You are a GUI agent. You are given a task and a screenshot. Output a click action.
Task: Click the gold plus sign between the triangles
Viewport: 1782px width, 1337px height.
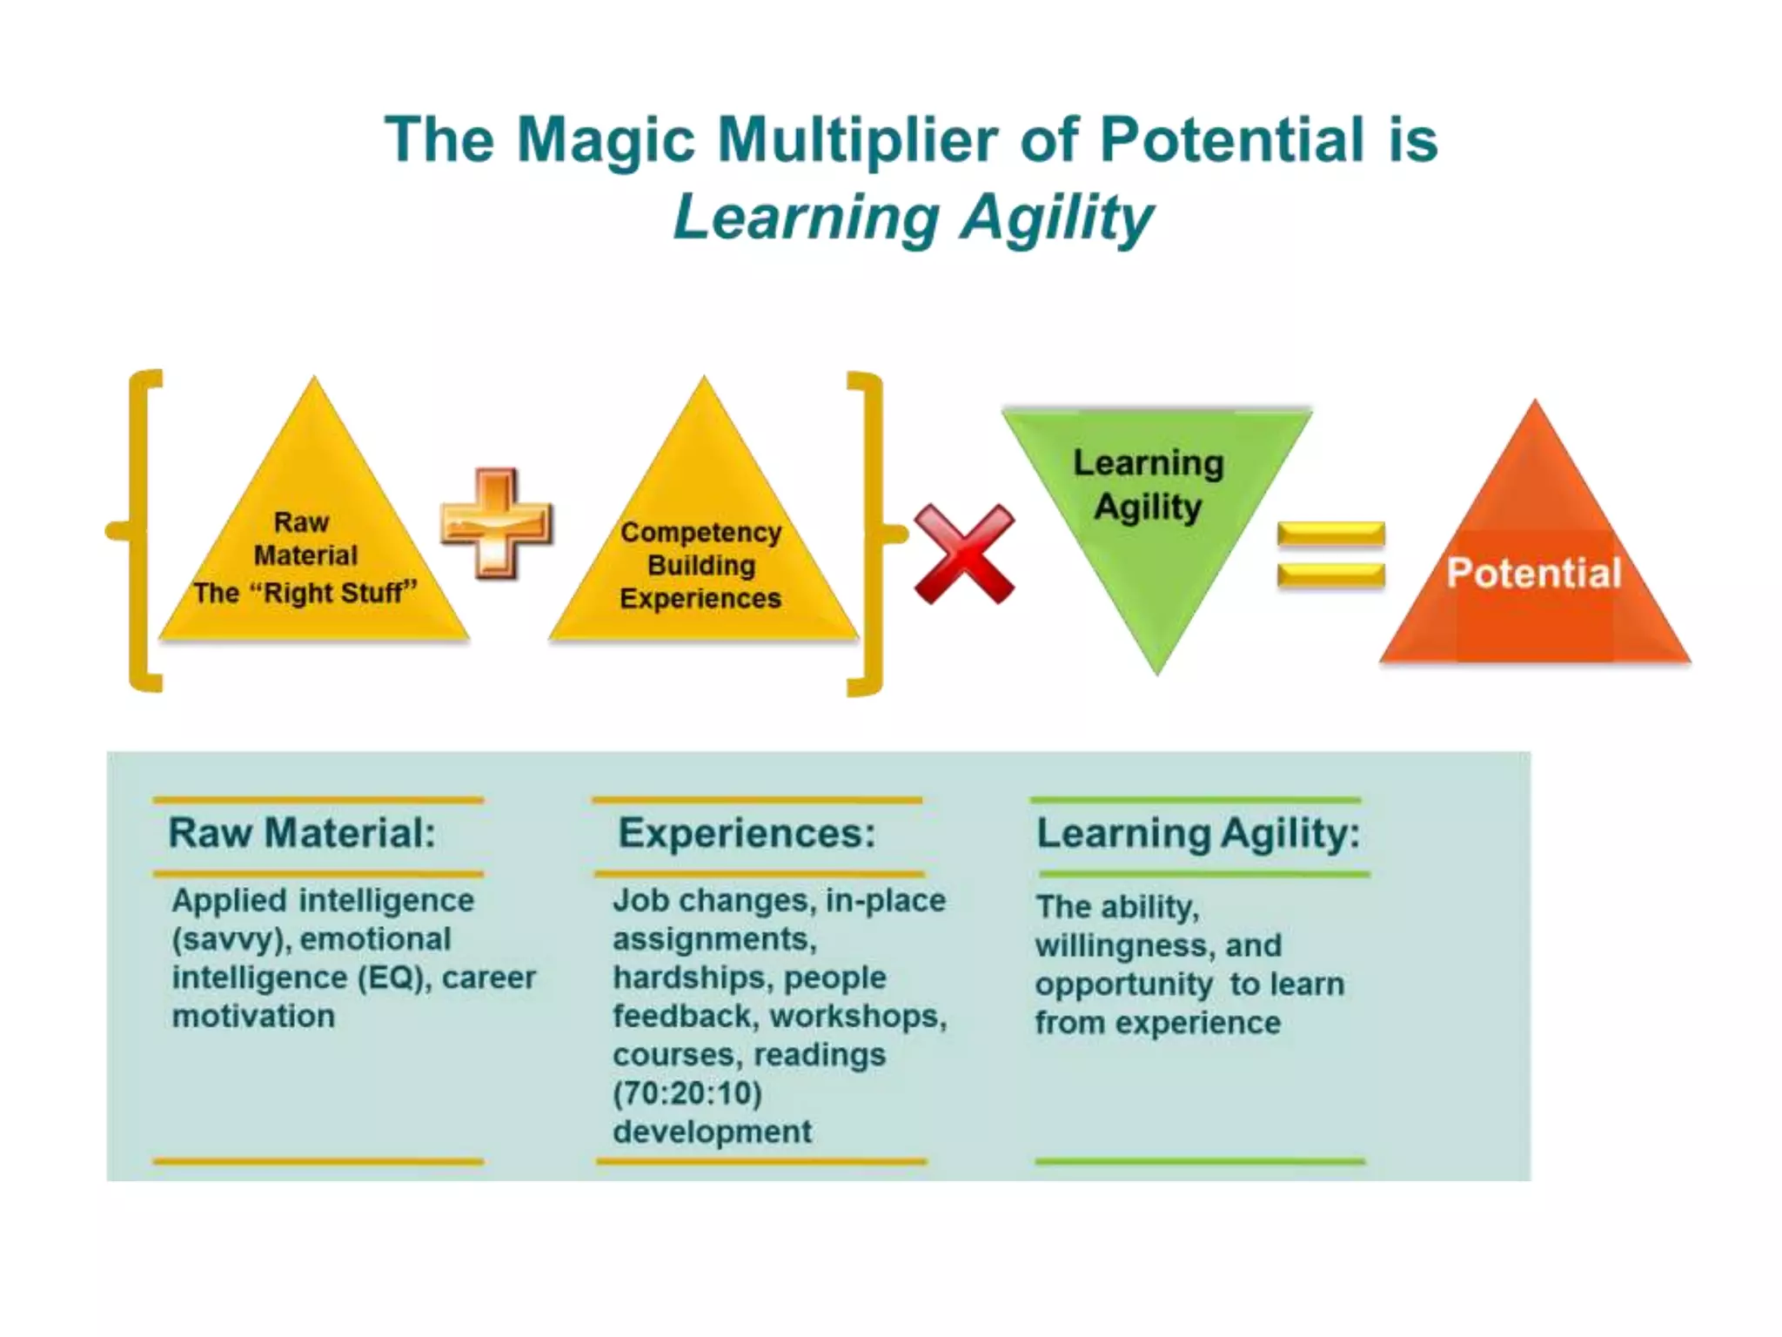pyautogui.click(x=496, y=523)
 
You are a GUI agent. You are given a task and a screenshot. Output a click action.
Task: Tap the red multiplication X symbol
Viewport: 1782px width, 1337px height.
pyautogui.click(x=964, y=554)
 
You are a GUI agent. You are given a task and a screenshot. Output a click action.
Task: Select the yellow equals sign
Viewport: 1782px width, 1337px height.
pyautogui.click(x=1330, y=554)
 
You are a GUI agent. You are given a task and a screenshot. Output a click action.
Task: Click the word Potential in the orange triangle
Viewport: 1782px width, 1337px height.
pyautogui.click(x=1534, y=573)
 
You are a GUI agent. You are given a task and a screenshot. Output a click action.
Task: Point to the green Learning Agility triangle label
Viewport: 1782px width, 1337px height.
pyautogui.click(x=1149, y=485)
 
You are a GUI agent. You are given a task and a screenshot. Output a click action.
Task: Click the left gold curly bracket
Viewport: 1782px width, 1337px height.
pyautogui.click(x=139, y=530)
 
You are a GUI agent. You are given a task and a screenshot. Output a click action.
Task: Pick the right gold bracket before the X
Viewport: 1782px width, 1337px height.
pyautogui.click(x=870, y=533)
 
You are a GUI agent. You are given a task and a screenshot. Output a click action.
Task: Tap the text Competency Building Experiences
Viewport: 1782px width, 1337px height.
pyautogui.click(x=700, y=565)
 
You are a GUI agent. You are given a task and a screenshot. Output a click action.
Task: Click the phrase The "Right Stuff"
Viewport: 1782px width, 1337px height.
pyautogui.click(x=305, y=593)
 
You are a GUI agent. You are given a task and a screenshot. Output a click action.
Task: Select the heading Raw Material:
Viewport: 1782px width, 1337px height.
pyautogui.click(x=302, y=833)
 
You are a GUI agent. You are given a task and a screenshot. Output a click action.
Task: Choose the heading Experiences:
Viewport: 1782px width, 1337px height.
pyautogui.click(x=747, y=833)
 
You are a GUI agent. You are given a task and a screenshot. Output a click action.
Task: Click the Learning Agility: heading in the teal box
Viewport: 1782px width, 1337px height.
pyautogui.click(x=1198, y=833)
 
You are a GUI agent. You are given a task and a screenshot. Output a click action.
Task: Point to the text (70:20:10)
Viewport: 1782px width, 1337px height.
pyautogui.click(x=687, y=1093)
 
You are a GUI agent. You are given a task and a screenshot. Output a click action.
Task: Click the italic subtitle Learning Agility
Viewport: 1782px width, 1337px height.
pyautogui.click(x=914, y=218)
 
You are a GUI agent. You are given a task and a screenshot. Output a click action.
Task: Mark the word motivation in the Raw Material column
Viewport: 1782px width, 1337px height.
pyautogui.click(x=253, y=1016)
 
